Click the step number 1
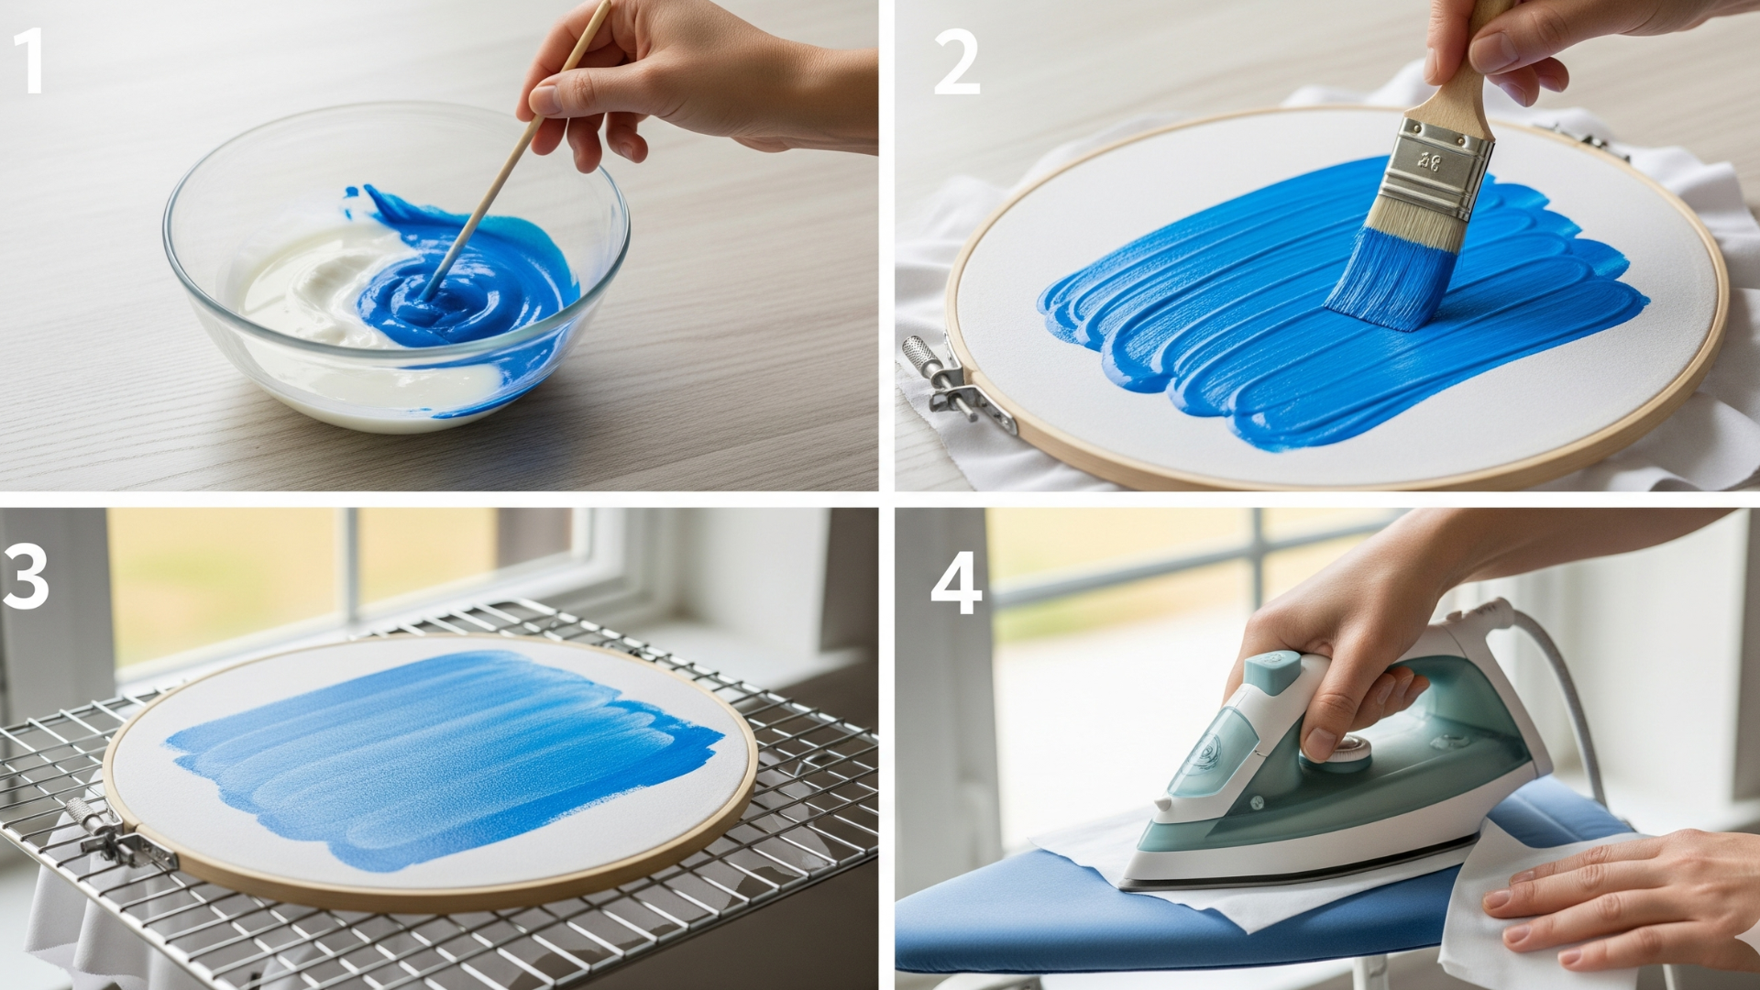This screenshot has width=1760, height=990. point(29,60)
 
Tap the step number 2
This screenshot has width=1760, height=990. point(956,62)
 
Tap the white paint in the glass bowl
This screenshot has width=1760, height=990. point(302,284)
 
